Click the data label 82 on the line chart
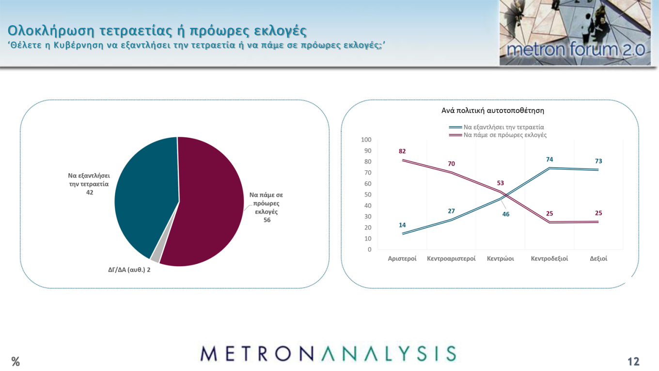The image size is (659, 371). click(402, 151)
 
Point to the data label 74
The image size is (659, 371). click(549, 160)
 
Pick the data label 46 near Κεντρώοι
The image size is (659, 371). click(506, 214)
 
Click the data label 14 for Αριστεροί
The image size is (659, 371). click(402, 225)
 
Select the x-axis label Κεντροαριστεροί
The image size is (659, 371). click(451, 258)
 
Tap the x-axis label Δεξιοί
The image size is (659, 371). click(598, 258)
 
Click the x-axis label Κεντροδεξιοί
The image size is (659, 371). click(549, 258)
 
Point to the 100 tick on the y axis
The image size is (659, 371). click(366, 140)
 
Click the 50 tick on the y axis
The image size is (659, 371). click(368, 194)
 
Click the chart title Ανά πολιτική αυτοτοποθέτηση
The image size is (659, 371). click(493, 111)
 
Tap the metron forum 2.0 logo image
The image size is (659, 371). click(575, 32)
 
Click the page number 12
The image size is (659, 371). click(633, 361)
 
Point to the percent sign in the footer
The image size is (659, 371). click(16, 361)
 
